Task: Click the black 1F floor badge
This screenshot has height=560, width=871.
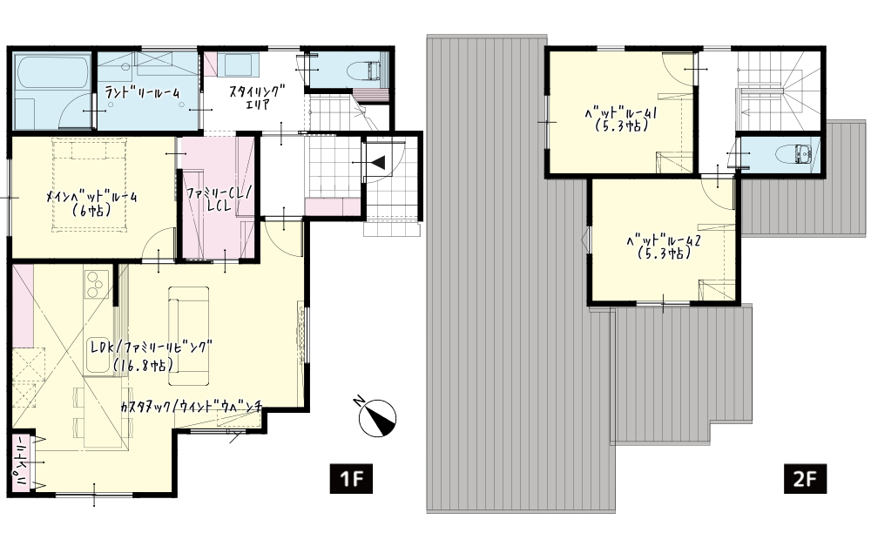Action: click(351, 478)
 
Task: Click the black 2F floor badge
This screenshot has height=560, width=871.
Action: click(805, 478)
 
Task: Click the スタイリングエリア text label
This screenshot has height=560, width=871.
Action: click(257, 96)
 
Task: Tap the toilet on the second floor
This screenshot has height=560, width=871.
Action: click(793, 154)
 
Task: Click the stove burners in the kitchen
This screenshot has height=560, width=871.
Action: click(96, 284)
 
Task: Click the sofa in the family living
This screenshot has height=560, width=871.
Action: click(189, 335)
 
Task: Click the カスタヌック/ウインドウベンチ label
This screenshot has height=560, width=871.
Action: click(191, 407)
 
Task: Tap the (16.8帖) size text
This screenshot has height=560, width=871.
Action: click(143, 364)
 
